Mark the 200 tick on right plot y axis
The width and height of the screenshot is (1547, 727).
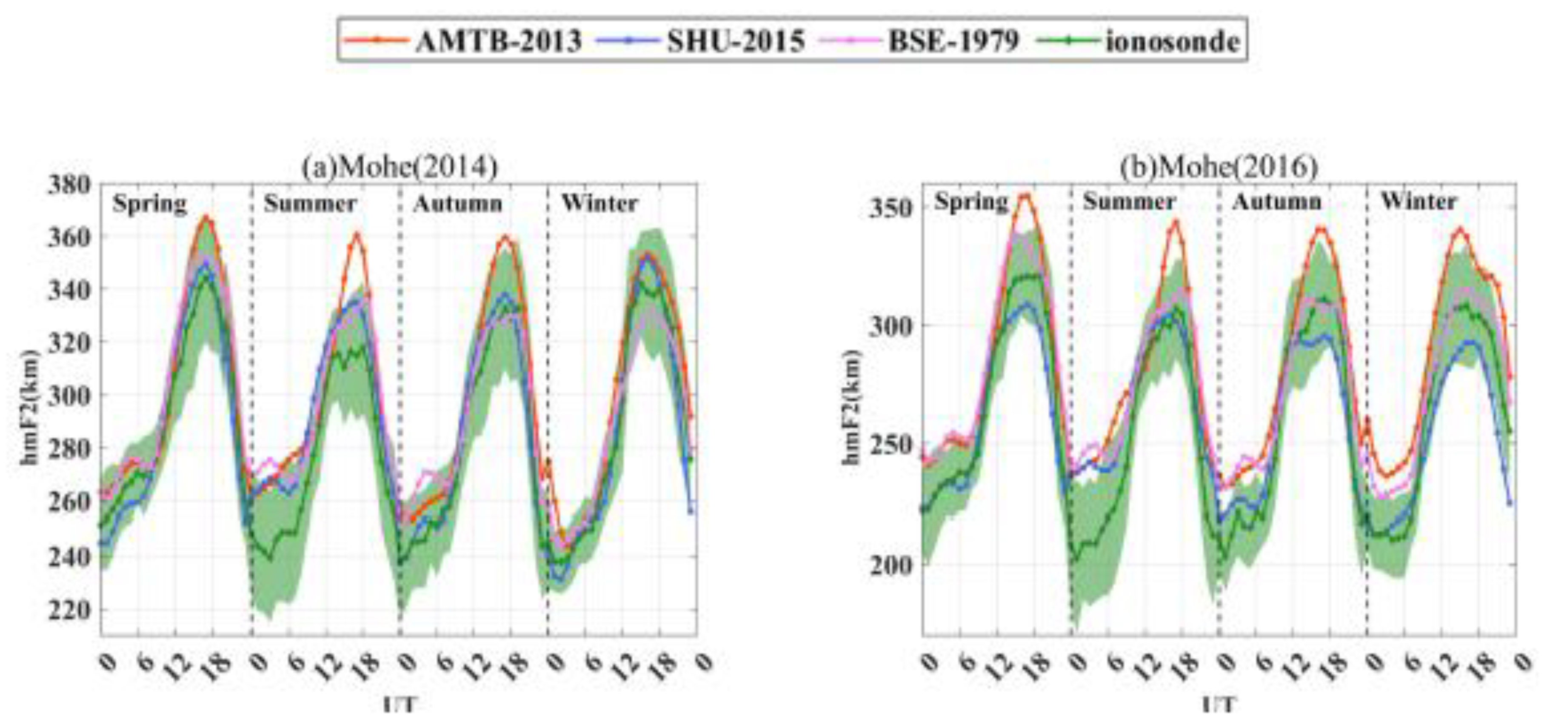891,565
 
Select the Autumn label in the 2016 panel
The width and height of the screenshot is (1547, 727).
1277,201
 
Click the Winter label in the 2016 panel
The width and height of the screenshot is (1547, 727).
1419,201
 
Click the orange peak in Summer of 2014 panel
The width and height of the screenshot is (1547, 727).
356,234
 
